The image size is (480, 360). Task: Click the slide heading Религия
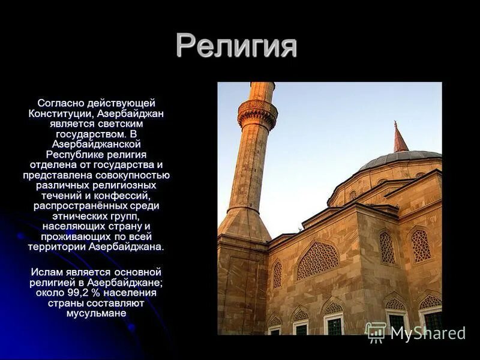tap(236, 46)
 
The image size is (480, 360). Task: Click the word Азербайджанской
tap(96, 144)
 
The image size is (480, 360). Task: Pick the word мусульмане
tap(96, 313)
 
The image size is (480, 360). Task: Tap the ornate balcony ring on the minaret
tap(257, 112)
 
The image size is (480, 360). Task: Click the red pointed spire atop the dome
tap(400, 139)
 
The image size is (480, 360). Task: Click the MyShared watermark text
tap(427, 333)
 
